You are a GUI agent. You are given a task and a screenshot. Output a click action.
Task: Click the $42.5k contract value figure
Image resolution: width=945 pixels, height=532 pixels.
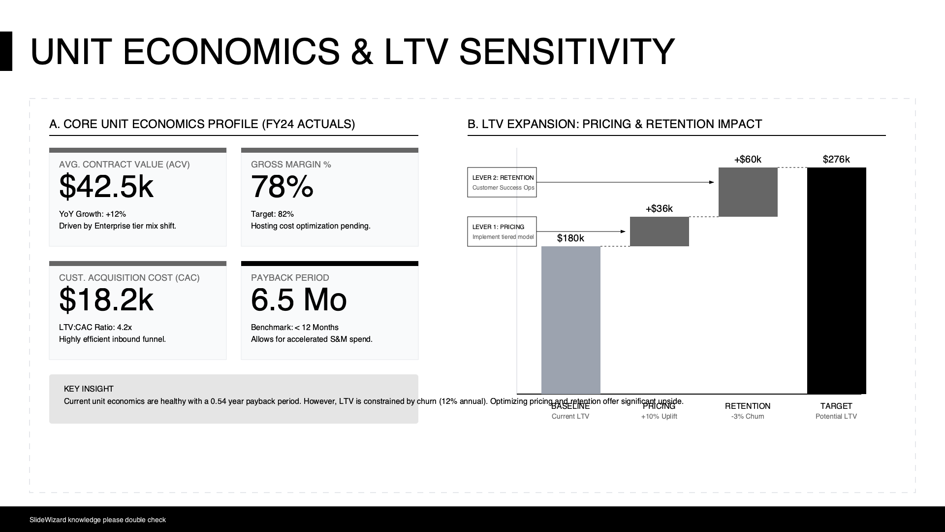pyautogui.click(x=106, y=187)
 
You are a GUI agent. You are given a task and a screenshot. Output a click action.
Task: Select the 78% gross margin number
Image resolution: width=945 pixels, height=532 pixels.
pyautogui.click(x=282, y=187)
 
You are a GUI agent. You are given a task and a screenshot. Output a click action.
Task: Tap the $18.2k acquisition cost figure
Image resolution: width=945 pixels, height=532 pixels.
pyautogui.click(x=106, y=300)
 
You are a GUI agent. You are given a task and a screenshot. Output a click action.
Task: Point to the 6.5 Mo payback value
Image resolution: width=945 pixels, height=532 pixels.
pyautogui.click(x=299, y=300)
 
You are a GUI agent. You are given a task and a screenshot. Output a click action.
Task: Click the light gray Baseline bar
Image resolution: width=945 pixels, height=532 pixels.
pyautogui.click(x=570, y=320)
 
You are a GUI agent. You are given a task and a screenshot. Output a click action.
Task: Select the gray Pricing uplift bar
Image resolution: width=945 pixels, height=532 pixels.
pyautogui.click(x=659, y=232)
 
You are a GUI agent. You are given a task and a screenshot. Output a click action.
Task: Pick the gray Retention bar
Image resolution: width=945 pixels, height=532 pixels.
pyautogui.click(x=748, y=192)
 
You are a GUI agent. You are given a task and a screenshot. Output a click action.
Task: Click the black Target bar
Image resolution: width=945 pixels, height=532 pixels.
pyautogui.click(x=836, y=281)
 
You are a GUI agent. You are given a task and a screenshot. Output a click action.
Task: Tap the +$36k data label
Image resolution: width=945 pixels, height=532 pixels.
pyautogui.click(x=659, y=208)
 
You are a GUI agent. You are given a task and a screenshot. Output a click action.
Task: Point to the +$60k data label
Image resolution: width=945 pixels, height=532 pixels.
pyautogui.click(x=748, y=159)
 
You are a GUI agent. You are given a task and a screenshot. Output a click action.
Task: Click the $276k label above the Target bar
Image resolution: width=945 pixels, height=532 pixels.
pyautogui.click(x=836, y=159)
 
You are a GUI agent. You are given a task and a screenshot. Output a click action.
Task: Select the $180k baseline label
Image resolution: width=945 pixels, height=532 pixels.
pyautogui.click(x=570, y=238)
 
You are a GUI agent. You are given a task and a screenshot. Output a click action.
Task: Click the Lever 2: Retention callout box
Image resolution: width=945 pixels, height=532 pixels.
pyautogui.click(x=502, y=182)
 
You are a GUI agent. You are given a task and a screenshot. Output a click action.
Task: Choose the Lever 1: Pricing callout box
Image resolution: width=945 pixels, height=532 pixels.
pyautogui.click(x=502, y=232)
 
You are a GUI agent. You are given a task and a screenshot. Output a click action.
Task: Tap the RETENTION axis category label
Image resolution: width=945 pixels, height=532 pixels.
pyautogui.click(x=748, y=406)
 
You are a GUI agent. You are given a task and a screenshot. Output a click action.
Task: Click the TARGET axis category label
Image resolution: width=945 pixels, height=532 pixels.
pyautogui.click(x=836, y=406)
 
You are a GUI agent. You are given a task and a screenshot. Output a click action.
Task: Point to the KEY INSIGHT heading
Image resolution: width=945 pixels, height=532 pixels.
pyautogui.click(x=89, y=389)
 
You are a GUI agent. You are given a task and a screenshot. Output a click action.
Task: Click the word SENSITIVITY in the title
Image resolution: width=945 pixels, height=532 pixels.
pyautogui.click(x=566, y=52)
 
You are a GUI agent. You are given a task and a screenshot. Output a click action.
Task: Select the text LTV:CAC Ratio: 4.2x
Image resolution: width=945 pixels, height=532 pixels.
pyautogui.click(x=95, y=327)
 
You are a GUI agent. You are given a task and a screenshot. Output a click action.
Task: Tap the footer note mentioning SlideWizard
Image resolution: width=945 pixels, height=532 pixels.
pyautogui.click(x=97, y=520)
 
